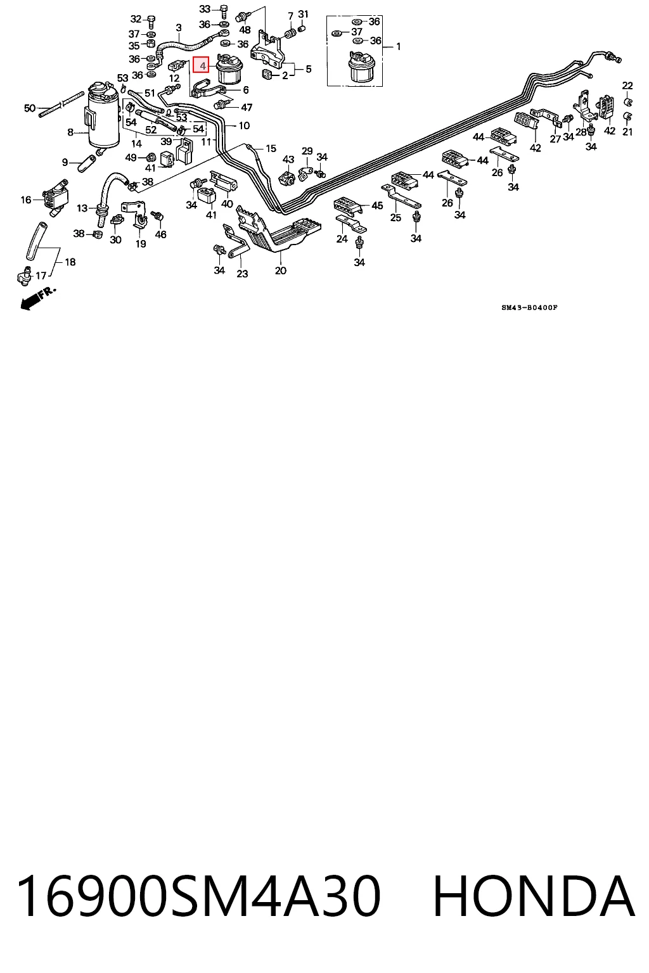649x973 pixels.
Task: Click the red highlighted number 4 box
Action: [202, 65]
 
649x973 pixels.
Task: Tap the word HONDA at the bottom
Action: [534, 898]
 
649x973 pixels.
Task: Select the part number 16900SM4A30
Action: [198, 898]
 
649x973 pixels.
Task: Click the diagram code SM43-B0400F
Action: [529, 307]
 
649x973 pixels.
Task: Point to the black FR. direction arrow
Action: [37, 299]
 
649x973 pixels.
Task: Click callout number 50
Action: [30, 108]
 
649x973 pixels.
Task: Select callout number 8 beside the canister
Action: [70, 132]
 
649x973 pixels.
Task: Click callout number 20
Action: [280, 270]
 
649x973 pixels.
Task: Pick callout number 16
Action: [26, 200]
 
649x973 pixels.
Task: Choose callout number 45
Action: [377, 205]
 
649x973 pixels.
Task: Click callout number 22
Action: [627, 86]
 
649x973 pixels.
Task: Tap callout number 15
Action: [271, 149]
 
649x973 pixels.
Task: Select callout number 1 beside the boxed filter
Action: [398, 46]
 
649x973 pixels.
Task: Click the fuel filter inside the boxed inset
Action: [358, 67]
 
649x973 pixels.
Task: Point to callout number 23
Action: [242, 274]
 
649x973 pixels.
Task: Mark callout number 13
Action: [82, 208]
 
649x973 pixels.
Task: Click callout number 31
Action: [303, 15]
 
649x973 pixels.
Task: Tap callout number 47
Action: [247, 107]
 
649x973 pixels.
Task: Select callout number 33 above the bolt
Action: [205, 9]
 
